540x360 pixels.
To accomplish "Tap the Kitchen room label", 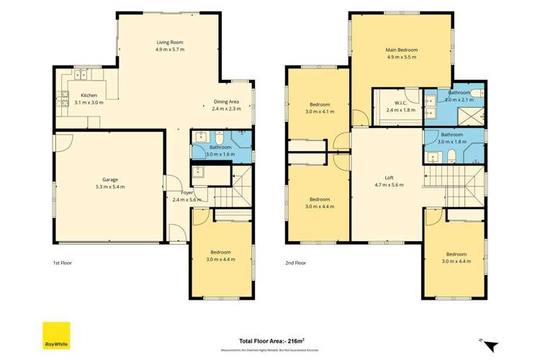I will click(89, 95).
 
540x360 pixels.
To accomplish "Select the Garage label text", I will click(109, 179).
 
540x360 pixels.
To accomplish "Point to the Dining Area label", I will click(225, 102).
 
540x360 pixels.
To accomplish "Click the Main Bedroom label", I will click(402, 50).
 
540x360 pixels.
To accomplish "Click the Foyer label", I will click(187, 192).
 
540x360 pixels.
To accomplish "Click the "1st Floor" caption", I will click(63, 263).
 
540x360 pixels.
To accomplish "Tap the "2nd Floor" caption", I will click(296, 263).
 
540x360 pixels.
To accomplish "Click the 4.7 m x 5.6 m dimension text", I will click(388, 185).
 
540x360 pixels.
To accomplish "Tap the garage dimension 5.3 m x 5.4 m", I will click(109, 187).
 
